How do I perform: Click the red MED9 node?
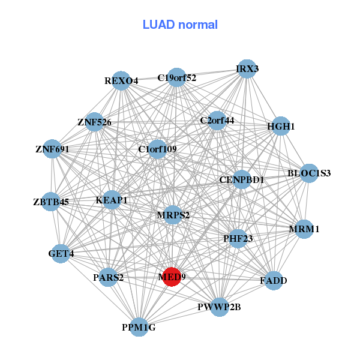pos(172,277)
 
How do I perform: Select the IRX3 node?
pos(246,69)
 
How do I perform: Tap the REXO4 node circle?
pos(121,80)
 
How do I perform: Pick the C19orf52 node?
pos(176,77)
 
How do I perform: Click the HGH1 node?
pos(281,126)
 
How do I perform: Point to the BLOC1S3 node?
pos(309,173)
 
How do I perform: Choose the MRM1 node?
pos(304,229)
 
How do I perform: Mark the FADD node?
pos(274,280)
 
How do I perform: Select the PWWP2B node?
pos(219,307)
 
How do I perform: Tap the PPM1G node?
pos(139,327)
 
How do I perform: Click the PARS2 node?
pos(108,277)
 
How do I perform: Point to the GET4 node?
pos(61,253)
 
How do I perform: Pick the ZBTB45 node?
pos(51,202)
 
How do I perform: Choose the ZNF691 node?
pos(52,148)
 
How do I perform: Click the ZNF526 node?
pos(94,122)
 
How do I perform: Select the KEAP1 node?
pos(112,200)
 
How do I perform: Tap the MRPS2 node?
pos(173,215)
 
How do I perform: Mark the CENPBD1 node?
pos(241,179)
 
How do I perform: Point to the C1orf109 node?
pos(157,149)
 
